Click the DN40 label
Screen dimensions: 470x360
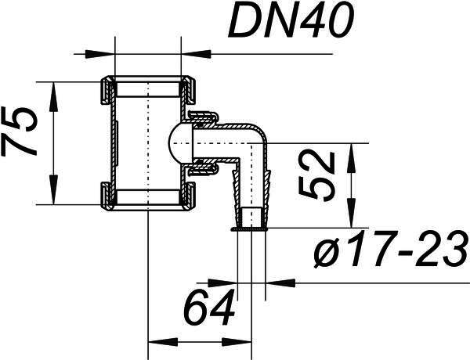point(291,21)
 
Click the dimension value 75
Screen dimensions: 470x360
point(19,131)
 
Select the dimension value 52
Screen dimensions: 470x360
point(317,175)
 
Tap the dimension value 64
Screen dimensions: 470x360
point(209,308)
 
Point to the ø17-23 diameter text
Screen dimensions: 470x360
point(392,249)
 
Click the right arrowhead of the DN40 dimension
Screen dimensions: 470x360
point(196,54)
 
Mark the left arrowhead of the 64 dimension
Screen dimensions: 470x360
point(164,342)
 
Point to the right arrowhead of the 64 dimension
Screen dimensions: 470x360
point(237,342)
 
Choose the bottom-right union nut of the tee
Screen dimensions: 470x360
point(189,196)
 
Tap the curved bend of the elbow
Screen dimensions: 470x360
point(260,133)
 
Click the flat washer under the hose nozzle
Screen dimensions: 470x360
point(248,229)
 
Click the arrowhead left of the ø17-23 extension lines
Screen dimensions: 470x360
point(222,283)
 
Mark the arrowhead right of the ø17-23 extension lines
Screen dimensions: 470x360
point(280,283)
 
